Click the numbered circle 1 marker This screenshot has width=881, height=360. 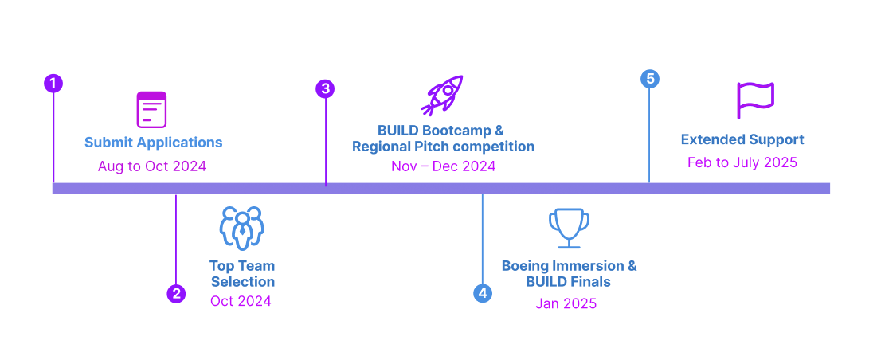point(53,84)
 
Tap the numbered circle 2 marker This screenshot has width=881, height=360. point(176,294)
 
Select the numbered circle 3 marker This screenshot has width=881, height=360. point(325,89)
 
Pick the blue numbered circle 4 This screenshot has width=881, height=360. point(482,293)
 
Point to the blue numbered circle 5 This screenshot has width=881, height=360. point(650,79)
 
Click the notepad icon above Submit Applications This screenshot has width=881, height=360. point(151,109)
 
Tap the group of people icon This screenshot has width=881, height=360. point(241,229)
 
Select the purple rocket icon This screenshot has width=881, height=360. point(442,96)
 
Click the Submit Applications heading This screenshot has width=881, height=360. point(153,143)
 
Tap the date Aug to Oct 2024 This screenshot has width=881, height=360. point(152,166)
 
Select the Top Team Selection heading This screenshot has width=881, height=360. point(242,274)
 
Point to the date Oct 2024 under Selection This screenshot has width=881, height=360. point(241,301)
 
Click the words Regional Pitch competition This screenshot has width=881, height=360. point(443,147)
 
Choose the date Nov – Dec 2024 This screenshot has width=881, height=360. point(443,166)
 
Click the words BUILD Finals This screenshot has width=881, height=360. point(568,282)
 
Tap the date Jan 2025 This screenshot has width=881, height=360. point(566,303)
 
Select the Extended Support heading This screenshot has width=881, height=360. point(742,139)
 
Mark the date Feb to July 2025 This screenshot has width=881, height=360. point(742,162)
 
